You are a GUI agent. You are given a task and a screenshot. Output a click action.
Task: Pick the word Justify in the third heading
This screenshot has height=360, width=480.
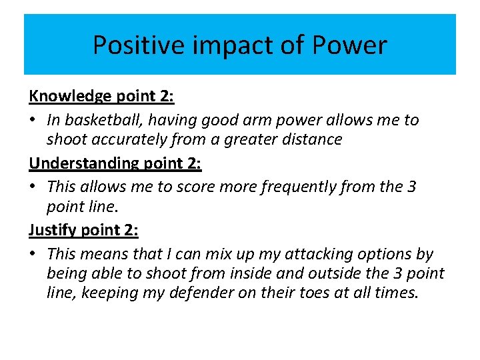tap(53, 231)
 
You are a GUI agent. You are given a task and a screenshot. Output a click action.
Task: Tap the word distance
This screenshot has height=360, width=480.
tap(312, 139)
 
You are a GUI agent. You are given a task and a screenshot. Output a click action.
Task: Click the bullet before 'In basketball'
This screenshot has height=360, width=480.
tap(33, 121)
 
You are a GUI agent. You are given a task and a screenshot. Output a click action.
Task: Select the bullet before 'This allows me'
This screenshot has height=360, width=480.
tap(33, 187)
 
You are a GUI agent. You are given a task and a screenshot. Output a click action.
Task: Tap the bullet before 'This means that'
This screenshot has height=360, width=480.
tap(33, 255)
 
